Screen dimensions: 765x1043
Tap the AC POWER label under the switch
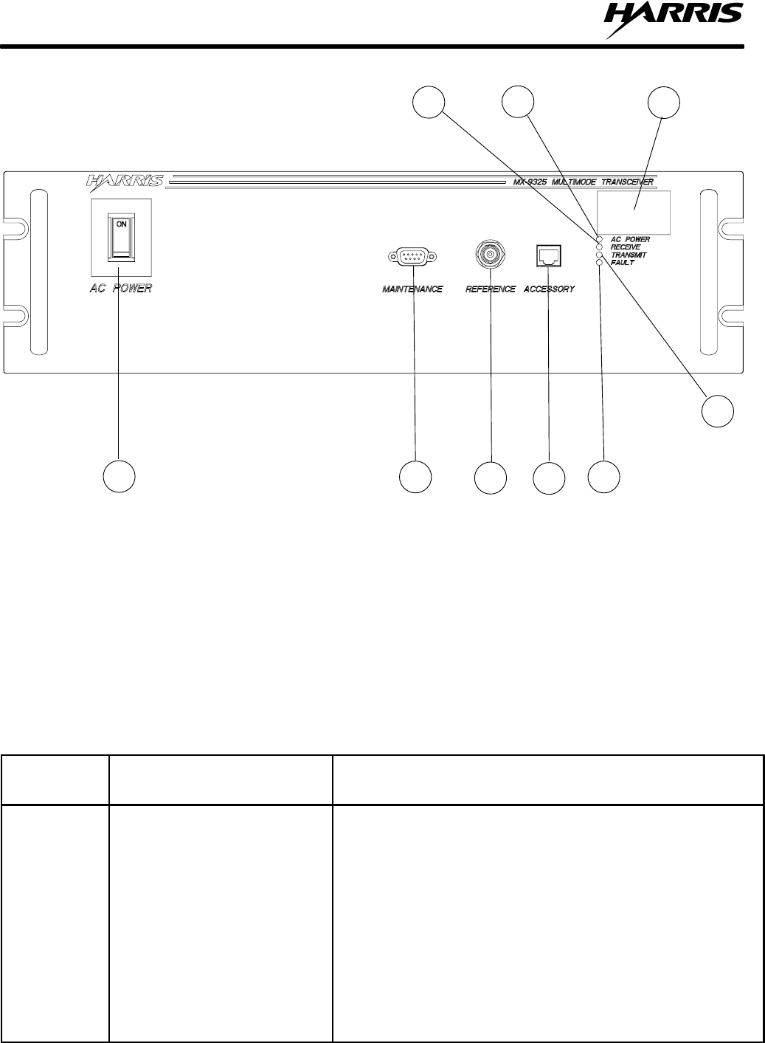tap(121, 289)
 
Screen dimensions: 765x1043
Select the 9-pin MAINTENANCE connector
tap(412, 258)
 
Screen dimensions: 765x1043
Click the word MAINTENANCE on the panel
tap(412, 289)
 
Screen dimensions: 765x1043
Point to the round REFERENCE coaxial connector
tap(490, 255)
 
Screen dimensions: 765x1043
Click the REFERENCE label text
tap(490, 289)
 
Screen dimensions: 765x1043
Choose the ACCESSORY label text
tap(549, 289)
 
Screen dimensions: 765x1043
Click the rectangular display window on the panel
tap(634, 212)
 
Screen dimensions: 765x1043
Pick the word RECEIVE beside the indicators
tap(626, 247)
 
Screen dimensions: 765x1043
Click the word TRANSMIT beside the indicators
tap(629, 255)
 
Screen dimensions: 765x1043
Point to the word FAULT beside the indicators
tap(623, 262)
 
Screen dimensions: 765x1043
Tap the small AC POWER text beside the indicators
tap(630, 240)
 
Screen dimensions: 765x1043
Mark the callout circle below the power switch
tap(119, 476)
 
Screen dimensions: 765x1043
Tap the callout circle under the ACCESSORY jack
tap(550, 478)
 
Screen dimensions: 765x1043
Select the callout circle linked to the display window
tap(663, 104)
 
